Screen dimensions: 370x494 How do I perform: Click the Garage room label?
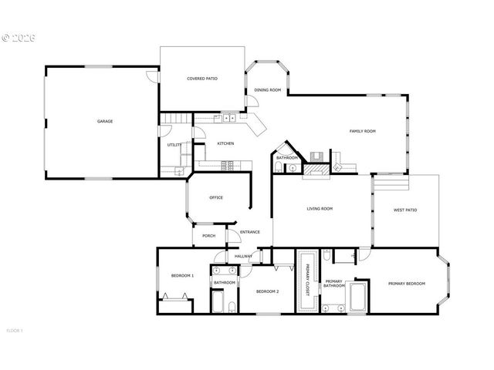click(x=105, y=122)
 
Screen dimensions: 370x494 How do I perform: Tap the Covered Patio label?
click(x=202, y=79)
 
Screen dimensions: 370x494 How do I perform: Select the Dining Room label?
click(x=267, y=90)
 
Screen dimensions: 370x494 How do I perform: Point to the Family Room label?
click(x=362, y=132)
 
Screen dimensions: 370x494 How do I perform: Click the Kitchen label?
click(x=225, y=143)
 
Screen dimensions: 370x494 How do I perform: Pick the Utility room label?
click(x=174, y=145)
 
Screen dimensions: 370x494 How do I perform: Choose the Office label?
click(x=216, y=197)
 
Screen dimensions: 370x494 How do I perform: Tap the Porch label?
click(x=208, y=236)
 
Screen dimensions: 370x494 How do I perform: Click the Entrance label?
click(x=249, y=232)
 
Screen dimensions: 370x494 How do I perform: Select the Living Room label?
click(x=320, y=209)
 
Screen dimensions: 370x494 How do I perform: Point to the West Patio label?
click(x=405, y=210)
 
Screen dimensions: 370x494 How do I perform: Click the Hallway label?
click(x=244, y=256)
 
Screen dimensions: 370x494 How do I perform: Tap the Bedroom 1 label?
click(x=182, y=275)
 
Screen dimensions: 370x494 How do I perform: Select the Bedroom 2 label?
click(x=267, y=291)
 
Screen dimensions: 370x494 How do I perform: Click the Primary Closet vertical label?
click(x=307, y=280)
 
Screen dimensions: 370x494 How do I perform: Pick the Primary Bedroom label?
click(x=407, y=284)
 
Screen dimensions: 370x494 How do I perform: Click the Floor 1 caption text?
click(x=14, y=331)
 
